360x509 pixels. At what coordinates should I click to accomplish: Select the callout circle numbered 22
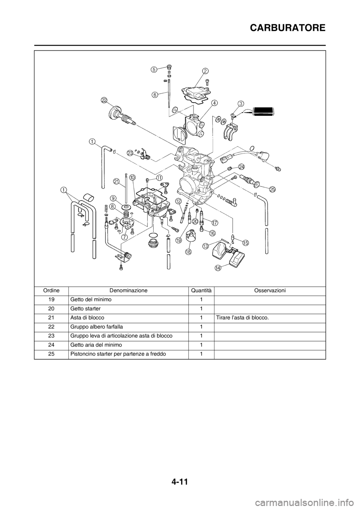click(x=104, y=100)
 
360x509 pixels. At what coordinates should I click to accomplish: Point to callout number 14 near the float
click(x=218, y=268)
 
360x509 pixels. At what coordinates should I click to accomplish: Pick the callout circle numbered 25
click(x=272, y=189)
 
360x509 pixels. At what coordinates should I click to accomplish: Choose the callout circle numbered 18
click(x=188, y=252)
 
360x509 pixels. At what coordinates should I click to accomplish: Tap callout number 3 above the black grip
click(x=241, y=103)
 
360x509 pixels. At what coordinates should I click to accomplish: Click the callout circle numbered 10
click(x=132, y=177)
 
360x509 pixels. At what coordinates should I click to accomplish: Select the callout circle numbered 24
click(x=241, y=167)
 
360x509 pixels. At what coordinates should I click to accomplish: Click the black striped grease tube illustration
click(x=264, y=112)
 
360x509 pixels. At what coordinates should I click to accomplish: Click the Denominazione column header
click(x=128, y=290)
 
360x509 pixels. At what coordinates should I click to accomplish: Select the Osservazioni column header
click(x=270, y=290)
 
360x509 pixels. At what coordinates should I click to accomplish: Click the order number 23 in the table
click(x=51, y=336)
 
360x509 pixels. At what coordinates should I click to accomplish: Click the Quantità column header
click(x=201, y=290)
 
